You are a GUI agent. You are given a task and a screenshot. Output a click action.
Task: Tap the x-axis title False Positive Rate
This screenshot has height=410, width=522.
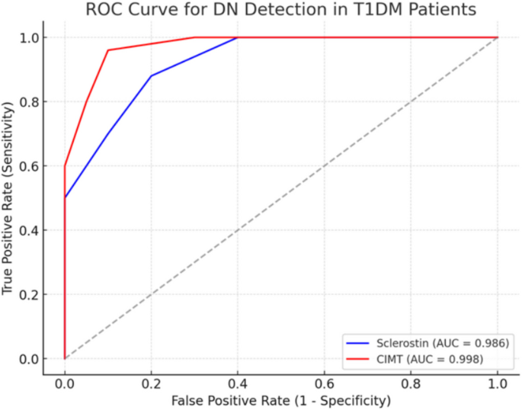click(281, 400)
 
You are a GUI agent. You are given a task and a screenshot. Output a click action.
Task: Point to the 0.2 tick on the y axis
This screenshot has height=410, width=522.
click(28, 294)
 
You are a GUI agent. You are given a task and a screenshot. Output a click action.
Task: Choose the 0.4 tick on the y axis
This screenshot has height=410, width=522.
click(28, 230)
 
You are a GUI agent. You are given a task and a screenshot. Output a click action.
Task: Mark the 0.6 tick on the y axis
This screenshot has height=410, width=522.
click(28, 166)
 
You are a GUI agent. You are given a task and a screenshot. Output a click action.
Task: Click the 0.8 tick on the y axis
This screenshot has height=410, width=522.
click(28, 101)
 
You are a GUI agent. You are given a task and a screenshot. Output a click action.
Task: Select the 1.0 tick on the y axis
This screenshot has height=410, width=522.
click(28, 37)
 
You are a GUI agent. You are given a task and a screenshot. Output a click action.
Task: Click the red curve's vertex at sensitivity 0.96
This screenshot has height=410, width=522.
click(108, 50)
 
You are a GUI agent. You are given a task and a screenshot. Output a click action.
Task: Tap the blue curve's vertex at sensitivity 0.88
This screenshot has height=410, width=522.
click(152, 76)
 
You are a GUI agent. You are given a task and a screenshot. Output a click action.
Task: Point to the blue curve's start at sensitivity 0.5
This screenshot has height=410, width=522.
click(66, 197)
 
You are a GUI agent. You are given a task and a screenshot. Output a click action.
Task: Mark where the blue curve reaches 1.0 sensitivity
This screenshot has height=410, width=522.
click(238, 37)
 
